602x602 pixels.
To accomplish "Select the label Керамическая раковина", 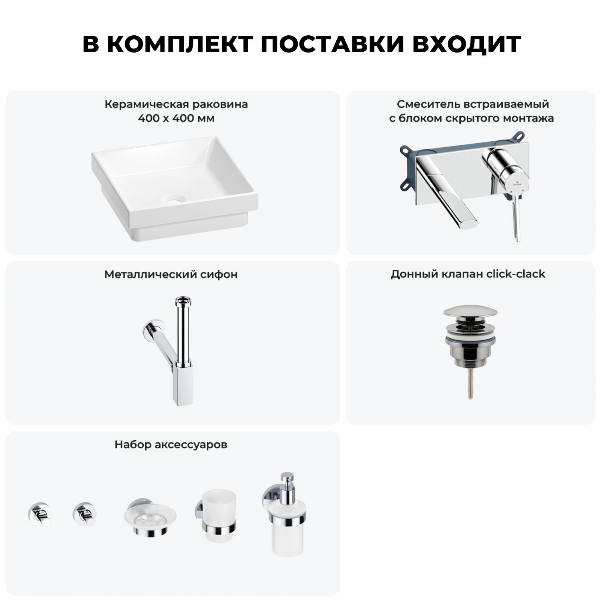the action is tap(176, 105).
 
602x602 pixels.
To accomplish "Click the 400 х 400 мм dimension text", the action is tap(176, 119).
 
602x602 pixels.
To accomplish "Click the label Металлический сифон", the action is tap(171, 275).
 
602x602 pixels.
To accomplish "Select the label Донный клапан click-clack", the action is tap(468, 274).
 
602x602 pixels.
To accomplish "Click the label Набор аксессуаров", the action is tap(171, 445).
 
